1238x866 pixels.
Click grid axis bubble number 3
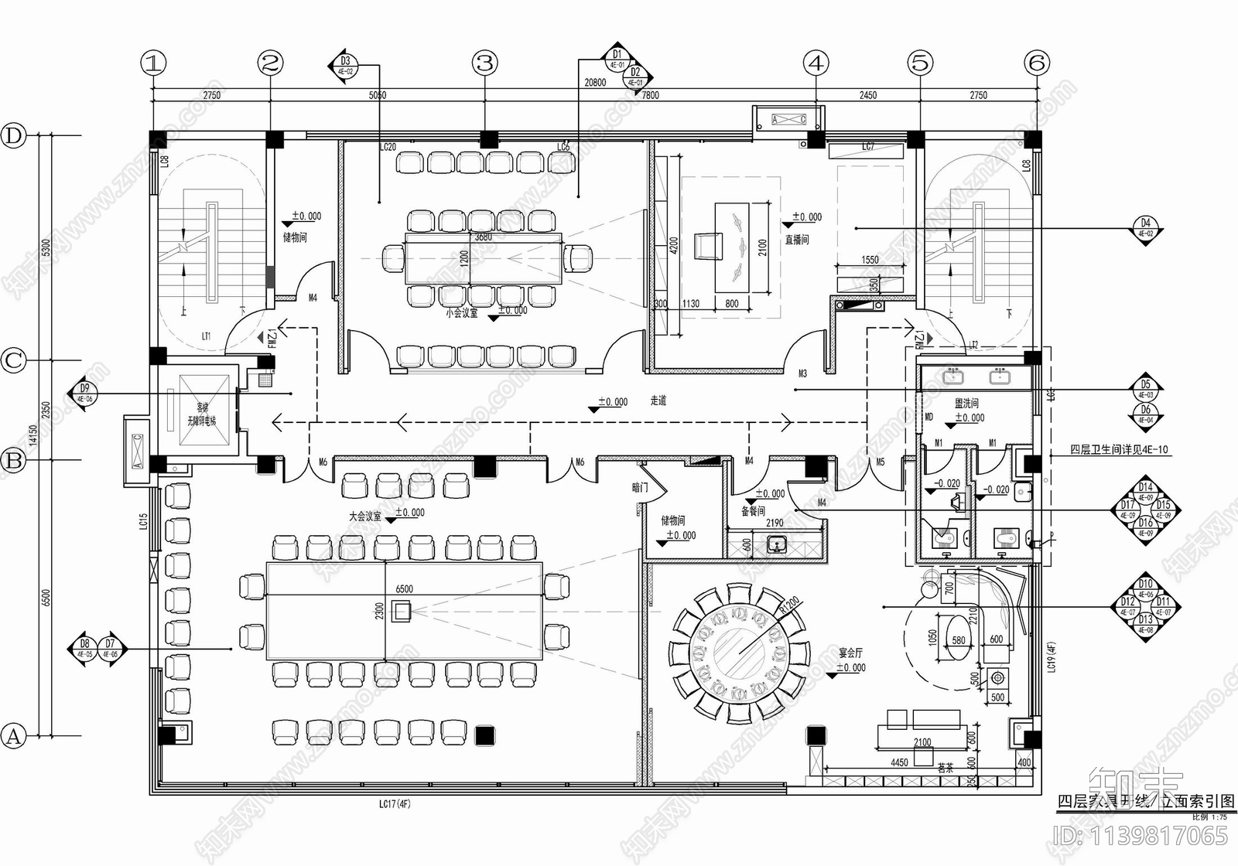pos(485,63)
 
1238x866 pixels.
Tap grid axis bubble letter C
pos(14,360)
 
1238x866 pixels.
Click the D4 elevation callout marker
pos(1145,228)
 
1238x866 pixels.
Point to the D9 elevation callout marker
pos(84,394)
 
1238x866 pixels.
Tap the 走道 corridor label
pos(658,401)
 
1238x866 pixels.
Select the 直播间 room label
pos(797,240)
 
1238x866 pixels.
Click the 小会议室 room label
pos(461,313)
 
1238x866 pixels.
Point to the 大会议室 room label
pos(364,516)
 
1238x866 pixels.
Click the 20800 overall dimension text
pos(595,83)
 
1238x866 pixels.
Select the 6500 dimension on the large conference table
pos(404,589)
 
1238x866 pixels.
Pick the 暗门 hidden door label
pos(640,488)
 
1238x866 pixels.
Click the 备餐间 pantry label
pos(753,511)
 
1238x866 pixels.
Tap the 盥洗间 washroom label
pos(966,403)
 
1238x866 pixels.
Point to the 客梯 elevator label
pos(202,407)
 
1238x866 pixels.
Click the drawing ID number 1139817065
pos(1141,835)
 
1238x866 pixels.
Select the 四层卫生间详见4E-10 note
pos(1119,449)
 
